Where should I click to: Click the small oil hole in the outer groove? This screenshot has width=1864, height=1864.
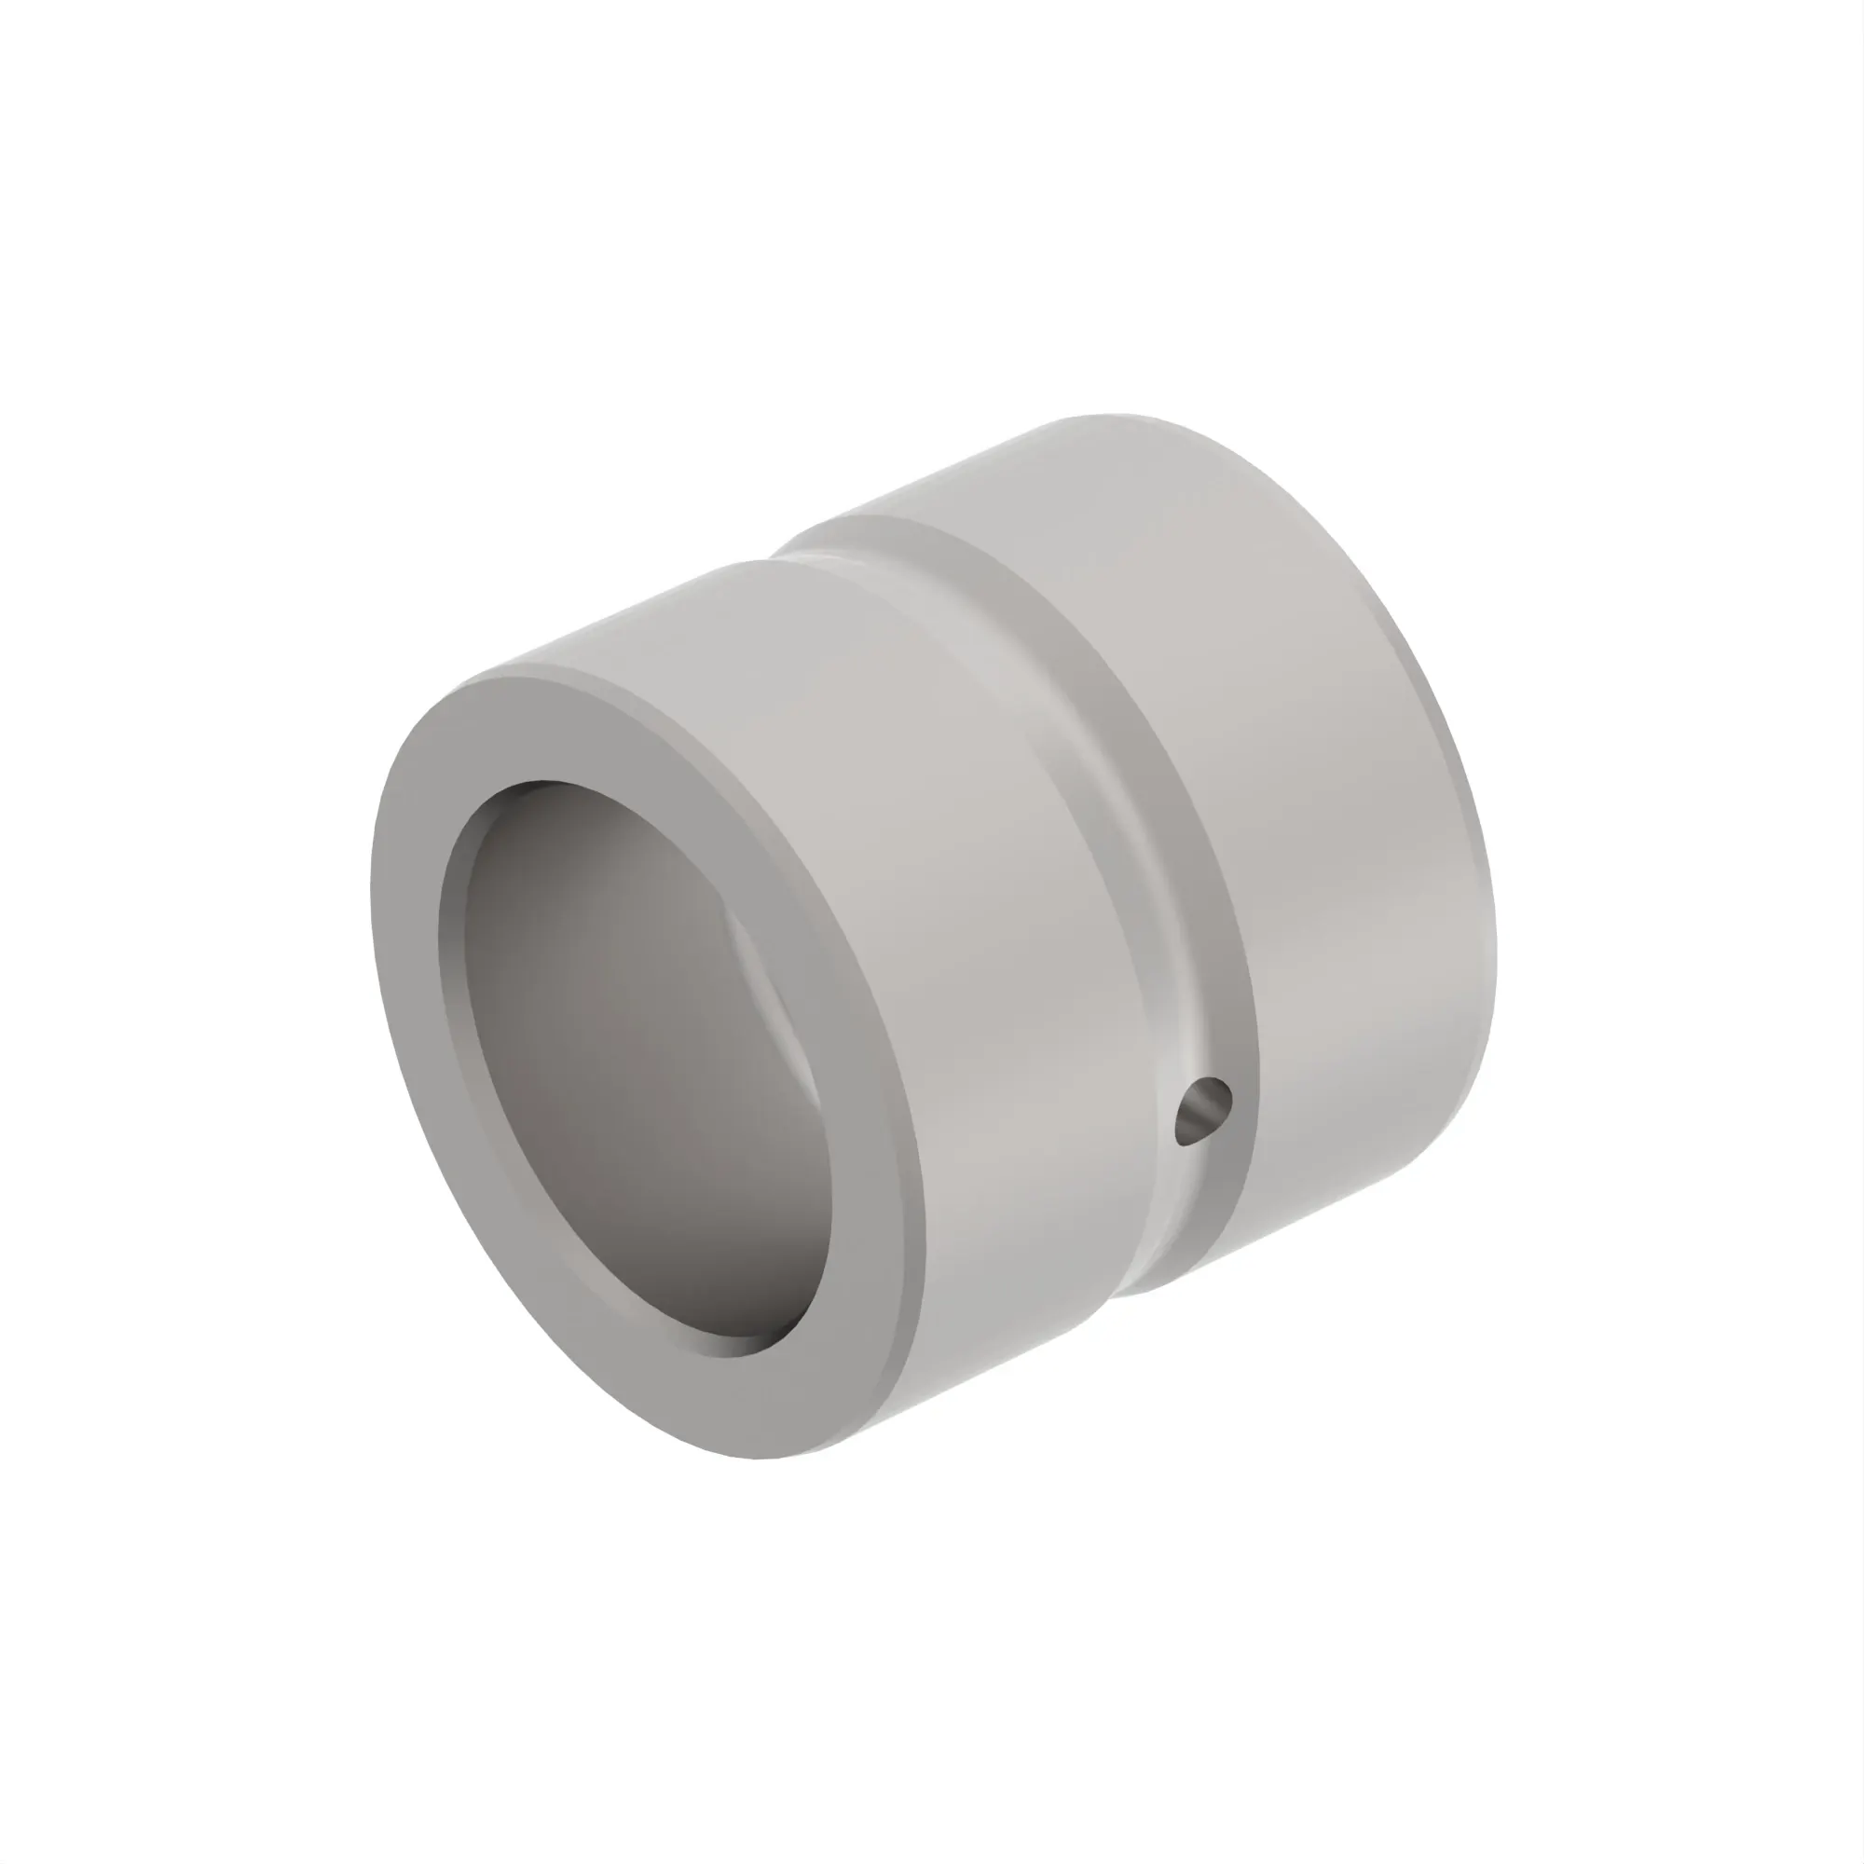point(1203,1112)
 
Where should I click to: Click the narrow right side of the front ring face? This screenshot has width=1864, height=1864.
point(869,1109)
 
